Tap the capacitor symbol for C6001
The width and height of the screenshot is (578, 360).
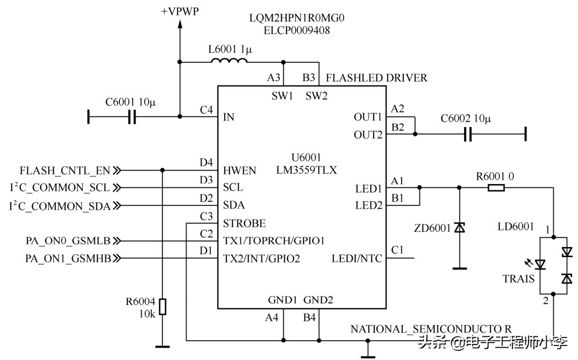click(132, 116)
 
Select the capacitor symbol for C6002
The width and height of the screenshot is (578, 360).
click(468, 134)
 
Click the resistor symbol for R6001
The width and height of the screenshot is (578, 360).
click(496, 188)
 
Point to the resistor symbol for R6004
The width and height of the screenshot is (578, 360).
click(163, 306)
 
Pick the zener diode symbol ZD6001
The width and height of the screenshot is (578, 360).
click(459, 228)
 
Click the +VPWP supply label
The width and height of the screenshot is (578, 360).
click(180, 11)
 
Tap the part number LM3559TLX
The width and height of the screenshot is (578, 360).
click(314, 170)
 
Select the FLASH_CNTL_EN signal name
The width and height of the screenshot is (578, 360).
click(65, 171)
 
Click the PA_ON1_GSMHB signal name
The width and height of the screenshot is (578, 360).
click(68, 258)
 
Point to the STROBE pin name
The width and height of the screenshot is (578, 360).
click(244, 223)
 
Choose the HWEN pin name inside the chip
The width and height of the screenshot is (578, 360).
click(239, 171)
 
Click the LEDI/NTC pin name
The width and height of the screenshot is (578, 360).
click(357, 258)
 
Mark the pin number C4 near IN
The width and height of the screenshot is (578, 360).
click(206, 110)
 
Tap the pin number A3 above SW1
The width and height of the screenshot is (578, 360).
click(274, 77)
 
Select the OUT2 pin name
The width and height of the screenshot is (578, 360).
click(368, 135)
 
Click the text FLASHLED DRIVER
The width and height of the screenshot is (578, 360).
click(376, 78)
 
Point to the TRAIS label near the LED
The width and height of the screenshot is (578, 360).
click(518, 278)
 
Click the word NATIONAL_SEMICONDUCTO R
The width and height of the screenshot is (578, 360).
click(431, 328)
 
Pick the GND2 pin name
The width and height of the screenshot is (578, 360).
click(318, 300)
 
